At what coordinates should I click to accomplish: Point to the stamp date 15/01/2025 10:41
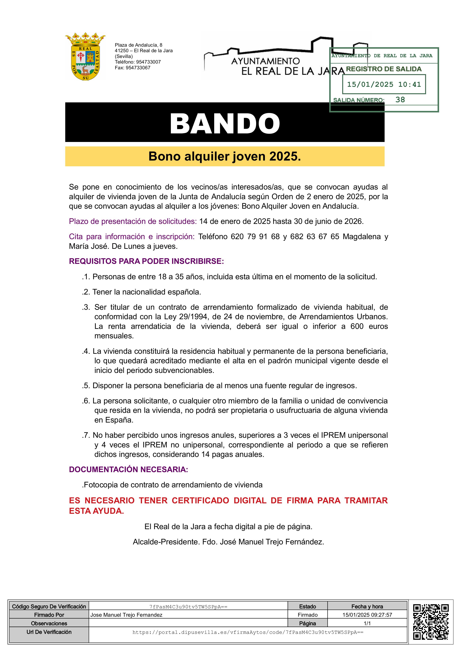click(x=384, y=84)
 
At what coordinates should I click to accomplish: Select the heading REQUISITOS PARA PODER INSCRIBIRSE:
click(x=146, y=261)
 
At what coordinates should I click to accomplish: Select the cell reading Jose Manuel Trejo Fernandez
click(x=126, y=615)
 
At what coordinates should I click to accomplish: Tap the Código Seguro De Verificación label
click(x=49, y=606)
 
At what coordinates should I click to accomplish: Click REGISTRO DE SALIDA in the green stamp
click(x=383, y=69)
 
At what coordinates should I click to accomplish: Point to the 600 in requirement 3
click(x=357, y=326)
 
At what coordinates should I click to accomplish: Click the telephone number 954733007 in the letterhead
click(x=148, y=62)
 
